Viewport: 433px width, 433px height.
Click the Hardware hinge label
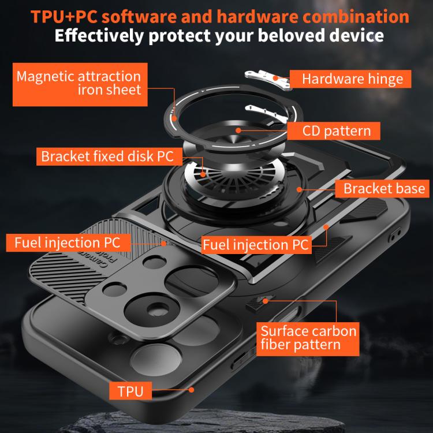tap(350, 79)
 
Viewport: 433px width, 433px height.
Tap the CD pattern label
tap(334, 131)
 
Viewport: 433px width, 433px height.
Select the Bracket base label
tap(382, 189)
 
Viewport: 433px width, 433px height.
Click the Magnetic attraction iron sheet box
tap(80, 84)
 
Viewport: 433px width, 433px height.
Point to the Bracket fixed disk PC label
tap(109, 156)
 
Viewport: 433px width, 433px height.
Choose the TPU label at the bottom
tap(130, 391)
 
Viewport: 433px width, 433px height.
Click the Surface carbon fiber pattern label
tap(308, 339)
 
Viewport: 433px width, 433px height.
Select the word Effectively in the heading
tap(99, 36)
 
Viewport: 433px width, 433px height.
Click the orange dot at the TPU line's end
tap(191, 390)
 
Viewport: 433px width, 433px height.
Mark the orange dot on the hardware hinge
tap(275, 78)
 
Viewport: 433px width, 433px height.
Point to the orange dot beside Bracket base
tap(299, 189)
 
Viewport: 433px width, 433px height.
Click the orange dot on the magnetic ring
tap(174, 119)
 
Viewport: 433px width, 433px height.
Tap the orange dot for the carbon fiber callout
tap(265, 301)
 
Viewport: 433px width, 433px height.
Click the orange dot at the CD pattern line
tap(238, 130)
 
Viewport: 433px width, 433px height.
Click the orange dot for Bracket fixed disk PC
tap(203, 174)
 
